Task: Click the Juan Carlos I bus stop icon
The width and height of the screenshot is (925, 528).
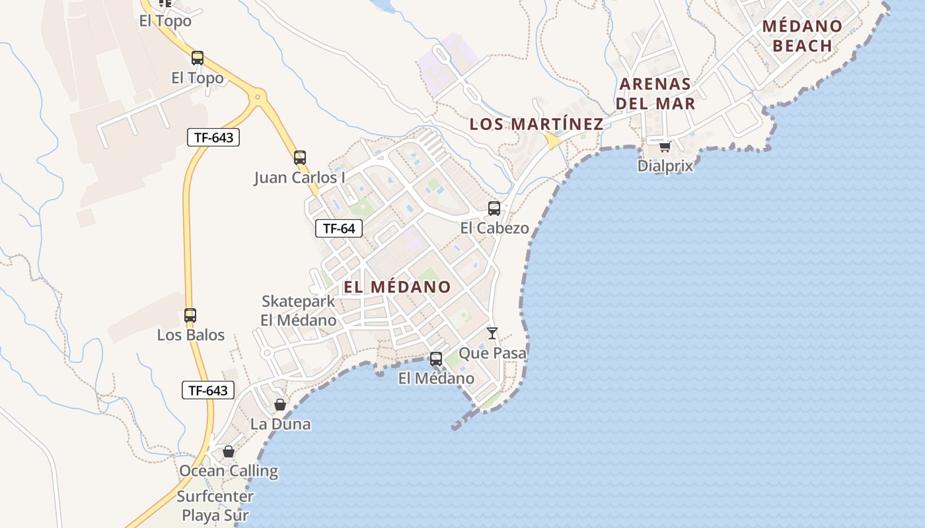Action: coord(300,158)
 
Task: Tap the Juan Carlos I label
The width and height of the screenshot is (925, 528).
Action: coord(299,178)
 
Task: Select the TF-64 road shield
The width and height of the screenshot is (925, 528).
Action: coord(339,228)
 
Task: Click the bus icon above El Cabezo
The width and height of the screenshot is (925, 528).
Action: coord(494,209)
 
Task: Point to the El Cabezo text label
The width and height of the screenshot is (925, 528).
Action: coord(495,228)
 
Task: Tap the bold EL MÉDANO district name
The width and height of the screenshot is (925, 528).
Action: coord(397,287)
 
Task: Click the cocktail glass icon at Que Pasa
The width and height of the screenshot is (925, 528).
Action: coord(492,333)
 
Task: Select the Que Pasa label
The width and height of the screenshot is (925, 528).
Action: coord(492,353)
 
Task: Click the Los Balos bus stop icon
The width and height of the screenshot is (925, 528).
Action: coord(190,315)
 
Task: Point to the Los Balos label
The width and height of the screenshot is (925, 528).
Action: coord(190,335)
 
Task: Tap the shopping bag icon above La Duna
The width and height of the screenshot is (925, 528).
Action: coord(280,405)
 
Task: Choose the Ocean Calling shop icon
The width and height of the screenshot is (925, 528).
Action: coord(229,451)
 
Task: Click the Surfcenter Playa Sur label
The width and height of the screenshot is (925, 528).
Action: coord(215,506)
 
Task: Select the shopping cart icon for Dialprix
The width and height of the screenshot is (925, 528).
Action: coord(665,147)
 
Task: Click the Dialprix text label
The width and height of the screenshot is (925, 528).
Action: coord(665,166)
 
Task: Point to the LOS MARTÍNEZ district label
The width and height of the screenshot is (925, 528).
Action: coord(536,124)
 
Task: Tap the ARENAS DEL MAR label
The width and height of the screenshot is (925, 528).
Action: coord(655,94)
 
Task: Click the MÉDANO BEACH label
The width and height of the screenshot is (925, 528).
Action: coord(802,36)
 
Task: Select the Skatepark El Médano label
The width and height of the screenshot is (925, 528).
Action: coord(299,311)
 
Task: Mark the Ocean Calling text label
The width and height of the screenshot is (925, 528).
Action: coord(229,471)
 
